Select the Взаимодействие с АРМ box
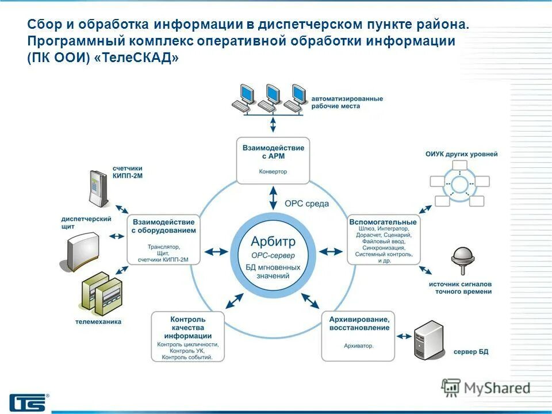pos(273,160)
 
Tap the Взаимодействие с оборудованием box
pos(164,239)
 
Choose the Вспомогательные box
pos(383,239)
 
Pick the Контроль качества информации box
pos(188,336)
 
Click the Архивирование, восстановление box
pos(359,336)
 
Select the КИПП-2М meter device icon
pos(98,187)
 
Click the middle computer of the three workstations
pos(272,97)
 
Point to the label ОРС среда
pos(306,204)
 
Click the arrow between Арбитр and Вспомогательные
pos(331,251)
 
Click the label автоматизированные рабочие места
pos(347,102)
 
